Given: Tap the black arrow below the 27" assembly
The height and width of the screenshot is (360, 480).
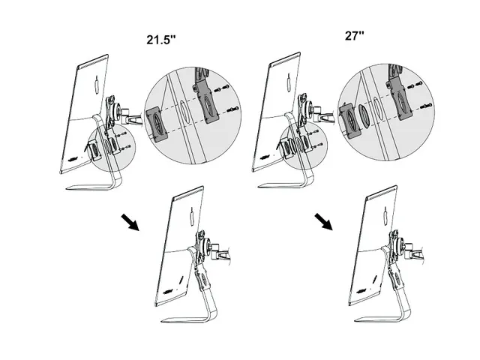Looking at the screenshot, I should click(325, 220).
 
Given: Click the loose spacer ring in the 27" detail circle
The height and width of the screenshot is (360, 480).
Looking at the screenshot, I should click(365, 117).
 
